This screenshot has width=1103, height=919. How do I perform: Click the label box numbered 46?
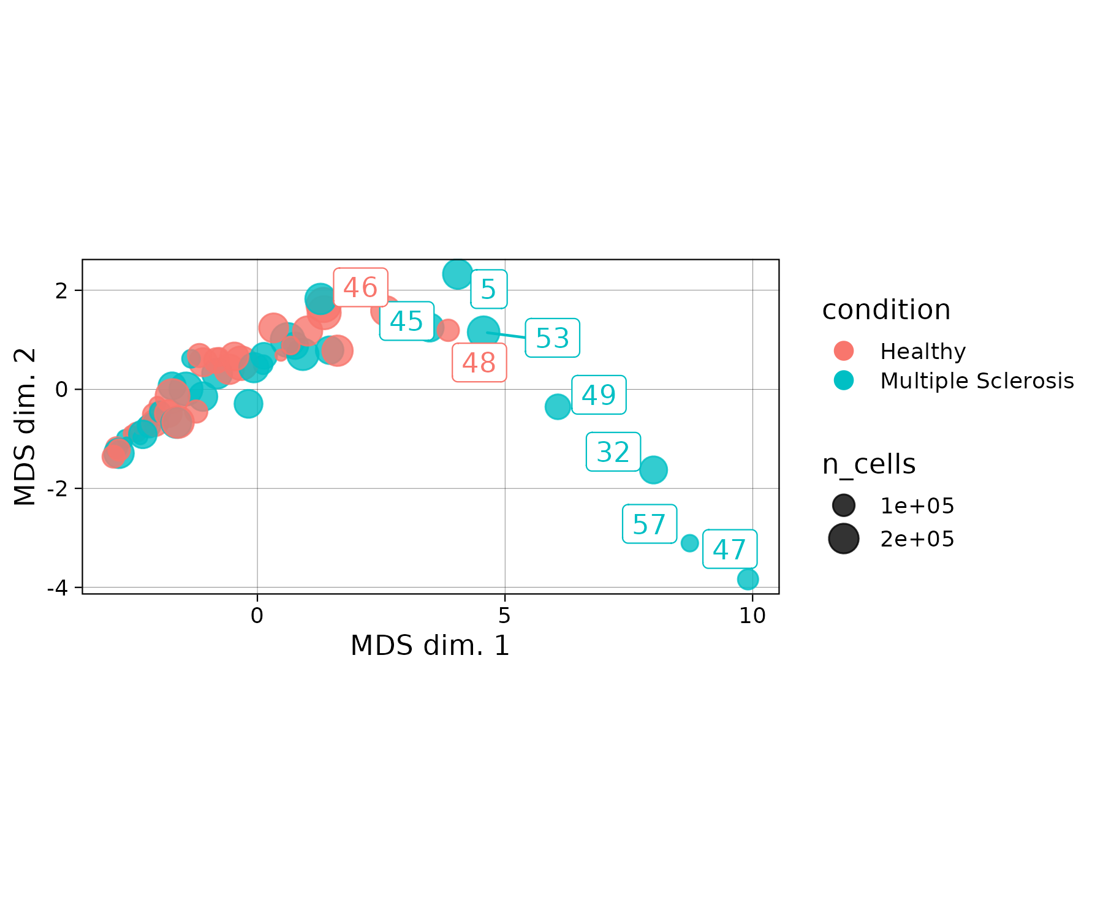pos(360,287)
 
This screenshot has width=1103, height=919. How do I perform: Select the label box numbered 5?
pos(488,289)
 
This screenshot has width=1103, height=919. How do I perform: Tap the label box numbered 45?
pos(406,321)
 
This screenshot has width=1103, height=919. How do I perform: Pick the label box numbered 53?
pos(552,338)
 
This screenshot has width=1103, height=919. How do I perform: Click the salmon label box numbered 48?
pos(479,363)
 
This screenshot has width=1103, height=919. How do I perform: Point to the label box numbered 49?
pos(598,395)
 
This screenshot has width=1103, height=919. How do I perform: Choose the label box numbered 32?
pos(613,452)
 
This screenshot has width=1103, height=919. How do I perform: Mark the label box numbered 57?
pos(649,524)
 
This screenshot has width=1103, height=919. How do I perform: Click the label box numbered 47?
pos(729,549)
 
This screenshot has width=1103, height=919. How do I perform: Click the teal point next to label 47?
pos(748,579)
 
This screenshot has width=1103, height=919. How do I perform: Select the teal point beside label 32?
pos(653,470)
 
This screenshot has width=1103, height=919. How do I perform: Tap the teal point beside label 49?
pos(558,406)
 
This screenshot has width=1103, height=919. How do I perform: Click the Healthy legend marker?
pos(844,351)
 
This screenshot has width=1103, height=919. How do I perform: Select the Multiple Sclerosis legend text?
pos(977,381)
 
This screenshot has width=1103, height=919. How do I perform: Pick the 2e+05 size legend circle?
pos(844,539)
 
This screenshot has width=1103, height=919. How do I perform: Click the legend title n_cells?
pos(868,464)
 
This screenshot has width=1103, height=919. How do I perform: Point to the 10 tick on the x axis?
pos(752,616)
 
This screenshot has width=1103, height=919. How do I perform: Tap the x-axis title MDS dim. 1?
pos(430,646)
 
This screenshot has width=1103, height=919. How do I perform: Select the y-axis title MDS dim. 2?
pos(26,427)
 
